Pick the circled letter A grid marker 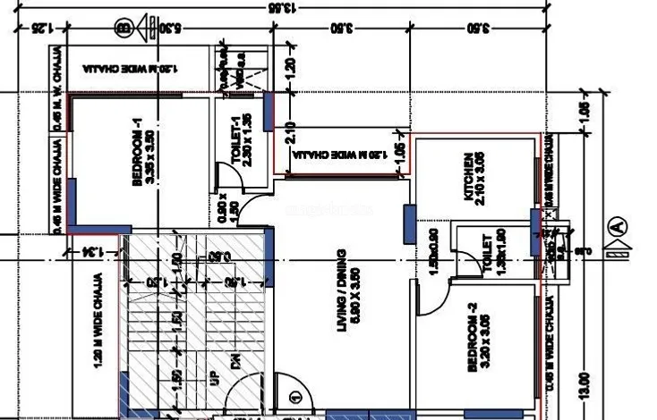[x=617, y=227]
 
